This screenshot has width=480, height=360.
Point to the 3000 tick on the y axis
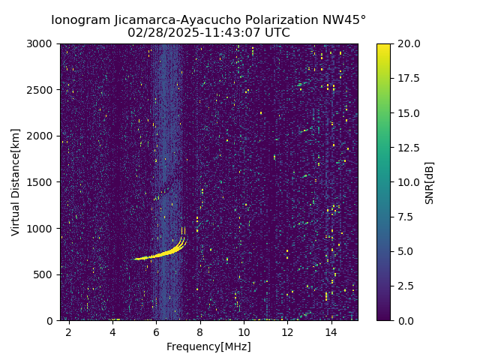pyautogui.click(x=42, y=43)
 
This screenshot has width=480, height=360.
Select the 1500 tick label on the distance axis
pyautogui.click(x=42, y=182)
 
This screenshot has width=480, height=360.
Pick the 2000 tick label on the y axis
pyautogui.click(x=42, y=136)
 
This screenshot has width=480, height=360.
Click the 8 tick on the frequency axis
pyautogui.click(x=200, y=332)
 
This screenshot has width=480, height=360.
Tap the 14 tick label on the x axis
pyautogui.click(x=331, y=332)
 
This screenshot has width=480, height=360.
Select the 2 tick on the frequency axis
pyautogui.click(x=68, y=332)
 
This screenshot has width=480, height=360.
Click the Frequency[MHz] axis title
pyautogui.click(x=208, y=346)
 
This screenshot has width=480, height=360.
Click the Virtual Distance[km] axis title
pyautogui.click(x=16, y=182)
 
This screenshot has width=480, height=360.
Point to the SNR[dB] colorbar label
pyautogui.click(x=430, y=182)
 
